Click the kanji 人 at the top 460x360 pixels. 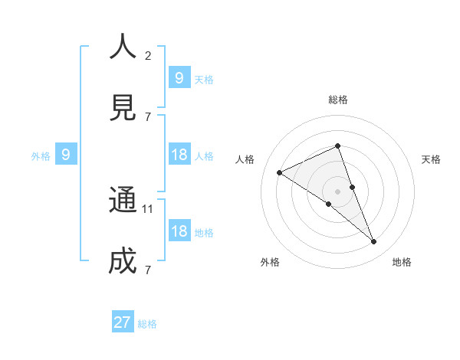(123, 47)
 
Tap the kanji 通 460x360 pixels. (123, 200)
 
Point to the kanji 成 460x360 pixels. (123, 261)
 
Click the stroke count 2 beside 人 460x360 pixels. (148, 55)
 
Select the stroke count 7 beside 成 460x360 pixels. (148, 270)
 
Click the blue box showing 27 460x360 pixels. (123, 322)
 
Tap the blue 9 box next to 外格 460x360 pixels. (66, 155)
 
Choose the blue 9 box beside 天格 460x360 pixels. (179, 78)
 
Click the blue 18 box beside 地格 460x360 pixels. (179, 232)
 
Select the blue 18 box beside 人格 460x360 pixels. (179, 155)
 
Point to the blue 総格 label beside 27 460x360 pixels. (147, 324)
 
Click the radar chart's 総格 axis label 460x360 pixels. (337, 100)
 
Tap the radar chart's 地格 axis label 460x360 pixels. (402, 262)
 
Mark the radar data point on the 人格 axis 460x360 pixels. (280, 172)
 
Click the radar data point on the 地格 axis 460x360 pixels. (373, 241)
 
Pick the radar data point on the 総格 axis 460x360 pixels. (337, 146)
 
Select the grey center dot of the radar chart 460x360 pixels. (337, 191)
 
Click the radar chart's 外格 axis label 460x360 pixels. (270, 262)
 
